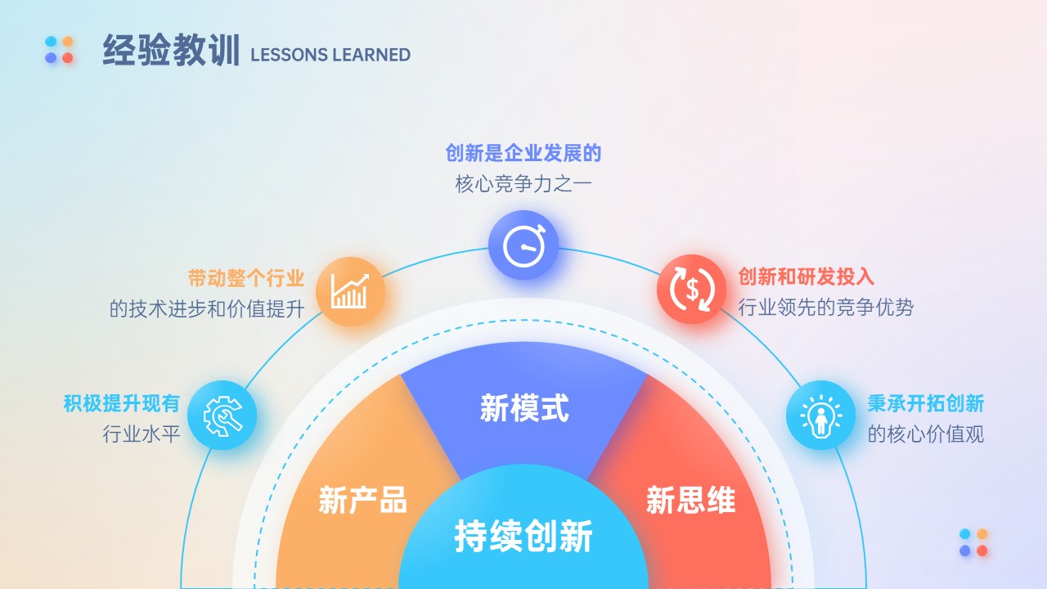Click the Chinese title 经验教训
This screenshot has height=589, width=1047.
(171, 50)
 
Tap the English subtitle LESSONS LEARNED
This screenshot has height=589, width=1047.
(330, 55)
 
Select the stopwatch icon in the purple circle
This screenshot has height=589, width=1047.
(524, 245)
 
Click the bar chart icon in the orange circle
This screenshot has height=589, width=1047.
(349, 291)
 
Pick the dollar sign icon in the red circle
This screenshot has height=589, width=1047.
(692, 289)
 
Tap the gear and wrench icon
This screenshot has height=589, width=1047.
(222, 416)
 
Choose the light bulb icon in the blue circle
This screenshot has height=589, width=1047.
(820, 416)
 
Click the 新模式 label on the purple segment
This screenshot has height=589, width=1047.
(524, 408)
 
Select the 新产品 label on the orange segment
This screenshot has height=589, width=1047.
(362, 500)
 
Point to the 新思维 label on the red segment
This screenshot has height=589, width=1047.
(691, 500)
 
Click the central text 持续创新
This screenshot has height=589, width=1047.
(523, 536)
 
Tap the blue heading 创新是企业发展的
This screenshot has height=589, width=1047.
(523, 153)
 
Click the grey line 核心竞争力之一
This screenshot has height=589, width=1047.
(523, 184)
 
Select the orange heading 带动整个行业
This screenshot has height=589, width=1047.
(246, 278)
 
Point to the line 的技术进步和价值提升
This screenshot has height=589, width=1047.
(207, 309)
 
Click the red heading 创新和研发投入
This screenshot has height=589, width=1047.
(807, 277)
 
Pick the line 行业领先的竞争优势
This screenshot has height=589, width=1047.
(826, 308)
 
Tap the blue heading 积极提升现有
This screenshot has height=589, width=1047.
(122, 403)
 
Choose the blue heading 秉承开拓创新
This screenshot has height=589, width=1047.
(926, 403)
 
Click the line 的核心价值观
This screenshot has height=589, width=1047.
(926, 434)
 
